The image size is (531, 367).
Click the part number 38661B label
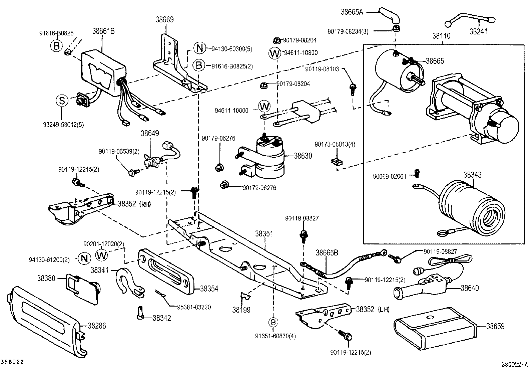(x=103, y=31)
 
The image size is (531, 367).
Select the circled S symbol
(x=62, y=101)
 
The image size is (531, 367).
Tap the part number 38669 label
(x=164, y=20)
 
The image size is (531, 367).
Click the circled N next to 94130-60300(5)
(x=199, y=49)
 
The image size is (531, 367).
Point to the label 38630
(x=303, y=156)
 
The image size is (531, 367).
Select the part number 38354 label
(x=209, y=289)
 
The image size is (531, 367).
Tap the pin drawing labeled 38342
(x=140, y=313)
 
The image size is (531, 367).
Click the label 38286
(x=97, y=325)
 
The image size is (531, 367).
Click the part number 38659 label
(x=495, y=326)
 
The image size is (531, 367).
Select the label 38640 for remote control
(x=469, y=288)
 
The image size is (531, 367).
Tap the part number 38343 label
(x=472, y=175)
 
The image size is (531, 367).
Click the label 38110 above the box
(x=441, y=36)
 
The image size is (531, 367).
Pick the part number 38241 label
(x=478, y=32)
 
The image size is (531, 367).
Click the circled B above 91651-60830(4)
(x=273, y=322)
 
